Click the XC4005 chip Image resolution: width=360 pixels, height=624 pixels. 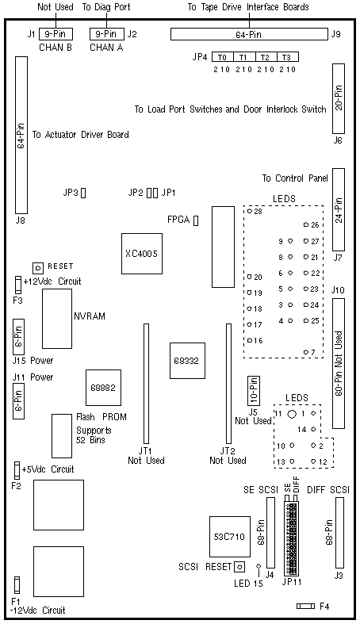[x=142, y=254]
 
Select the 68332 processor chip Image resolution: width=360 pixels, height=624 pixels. [x=187, y=361]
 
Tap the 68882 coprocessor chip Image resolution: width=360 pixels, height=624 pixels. [x=103, y=388]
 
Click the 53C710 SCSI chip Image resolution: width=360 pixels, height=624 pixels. [x=230, y=537]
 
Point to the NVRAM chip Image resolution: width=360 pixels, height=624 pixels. [x=57, y=319]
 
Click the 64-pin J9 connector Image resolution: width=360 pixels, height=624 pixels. [x=249, y=35]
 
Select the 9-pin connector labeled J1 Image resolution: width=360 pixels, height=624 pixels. [x=56, y=34]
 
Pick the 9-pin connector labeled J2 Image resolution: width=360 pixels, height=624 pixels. [x=106, y=34]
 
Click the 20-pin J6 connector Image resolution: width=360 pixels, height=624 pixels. [x=339, y=98]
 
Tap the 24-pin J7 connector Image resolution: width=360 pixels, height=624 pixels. [x=339, y=210]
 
